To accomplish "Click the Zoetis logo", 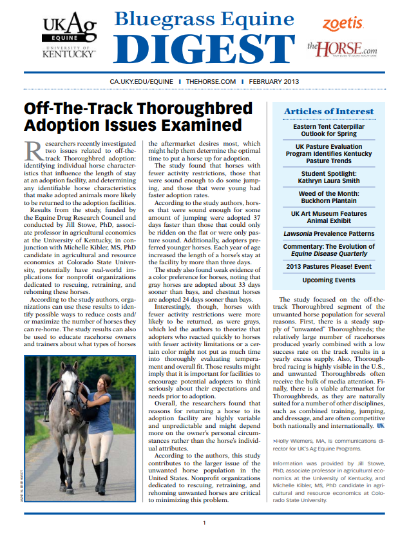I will pos(343,23).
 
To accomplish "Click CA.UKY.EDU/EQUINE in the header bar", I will pos(142,82).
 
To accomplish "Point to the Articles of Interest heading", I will pos(328,111).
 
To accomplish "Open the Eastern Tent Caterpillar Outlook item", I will pos(328,131).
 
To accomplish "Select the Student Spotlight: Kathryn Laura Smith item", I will pos(328,177).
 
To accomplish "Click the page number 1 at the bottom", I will pos(204,522).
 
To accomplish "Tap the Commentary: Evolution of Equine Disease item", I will pos(328,249).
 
